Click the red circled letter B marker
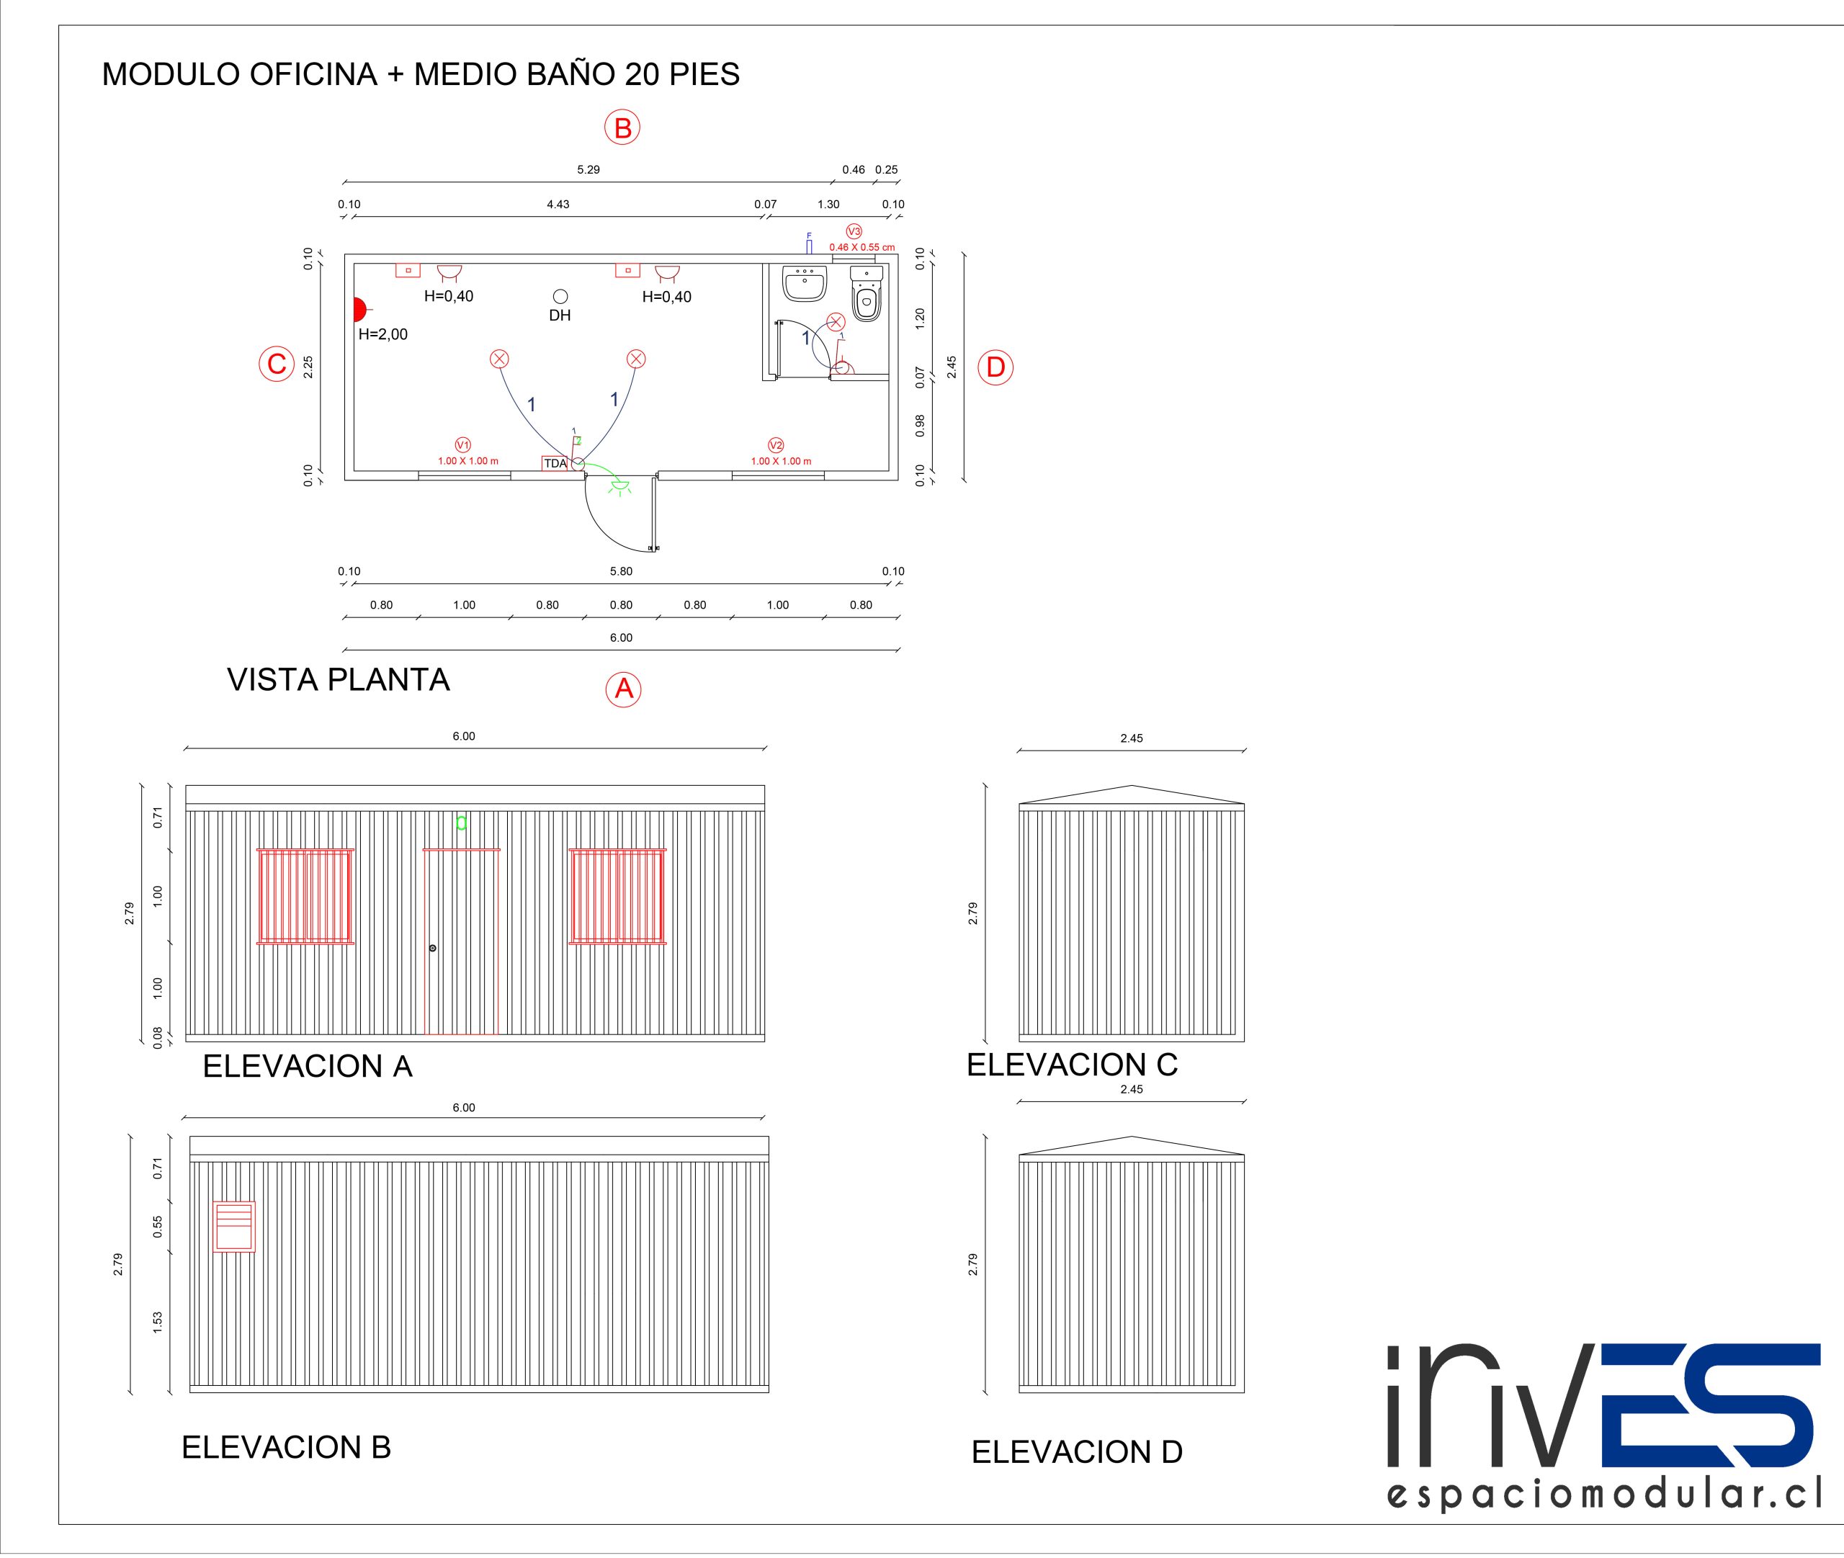(x=622, y=128)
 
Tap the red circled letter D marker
(x=995, y=367)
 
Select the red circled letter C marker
(x=277, y=364)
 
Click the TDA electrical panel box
(x=555, y=463)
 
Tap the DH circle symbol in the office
(x=560, y=297)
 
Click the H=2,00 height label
(x=382, y=334)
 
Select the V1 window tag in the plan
(x=462, y=445)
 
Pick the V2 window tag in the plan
(x=775, y=445)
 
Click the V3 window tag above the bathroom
(x=854, y=231)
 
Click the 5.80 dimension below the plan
(x=621, y=571)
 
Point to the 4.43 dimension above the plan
(x=558, y=204)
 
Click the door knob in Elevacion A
(x=433, y=948)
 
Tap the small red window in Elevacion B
(x=234, y=1226)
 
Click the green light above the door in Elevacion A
(x=461, y=823)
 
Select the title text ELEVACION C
(x=1071, y=1065)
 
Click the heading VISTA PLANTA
(x=339, y=679)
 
